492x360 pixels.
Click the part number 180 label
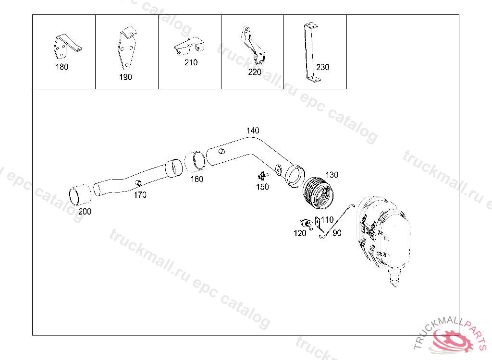(x=62, y=67)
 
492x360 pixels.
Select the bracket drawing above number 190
(x=127, y=48)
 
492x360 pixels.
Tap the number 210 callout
(x=191, y=62)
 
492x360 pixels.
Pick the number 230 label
(x=323, y=67)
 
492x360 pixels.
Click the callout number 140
(x=253, y=131)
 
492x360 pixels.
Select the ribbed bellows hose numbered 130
(x=318, y=193)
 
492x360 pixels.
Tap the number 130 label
(x=332, y=174)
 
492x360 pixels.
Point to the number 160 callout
(x=197, y=179)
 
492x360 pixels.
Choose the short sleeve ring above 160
(x=195, y=161)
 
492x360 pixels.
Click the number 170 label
(x=140, y=195)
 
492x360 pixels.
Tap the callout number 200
(x=85, y=211)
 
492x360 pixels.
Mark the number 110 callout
(x=327, y=220)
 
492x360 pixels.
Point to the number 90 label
(x=337, y=233)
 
